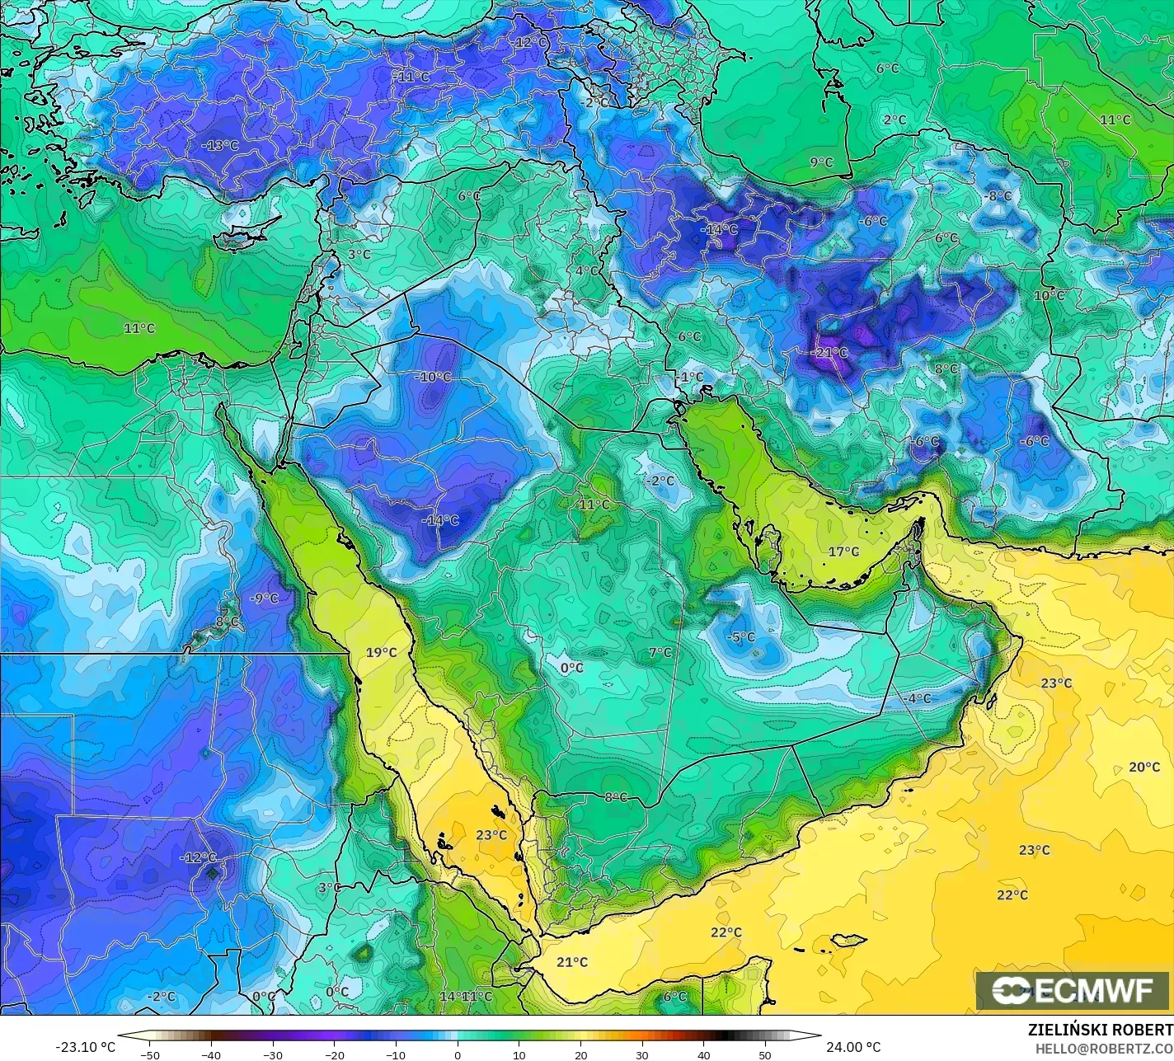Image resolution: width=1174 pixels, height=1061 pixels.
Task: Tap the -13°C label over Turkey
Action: (x=219, y=146)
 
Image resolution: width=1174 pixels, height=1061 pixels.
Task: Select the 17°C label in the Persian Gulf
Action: (x=843, y=552)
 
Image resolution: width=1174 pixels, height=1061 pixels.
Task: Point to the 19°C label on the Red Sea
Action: (x=381, y=652)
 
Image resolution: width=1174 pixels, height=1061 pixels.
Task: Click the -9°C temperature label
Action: (x=264, y=599)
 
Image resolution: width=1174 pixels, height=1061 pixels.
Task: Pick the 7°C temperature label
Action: (x=660, y=652)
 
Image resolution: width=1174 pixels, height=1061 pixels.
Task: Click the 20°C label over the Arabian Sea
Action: (x=1143, y=767)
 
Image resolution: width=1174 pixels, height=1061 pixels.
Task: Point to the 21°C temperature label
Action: (x=571, y=962)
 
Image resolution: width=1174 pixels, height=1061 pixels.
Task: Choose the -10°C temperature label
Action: (x=434, y=377)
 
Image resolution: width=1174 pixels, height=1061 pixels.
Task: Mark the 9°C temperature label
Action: (x=821, y=162)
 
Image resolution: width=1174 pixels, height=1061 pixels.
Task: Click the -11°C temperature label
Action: (x=411, y=77)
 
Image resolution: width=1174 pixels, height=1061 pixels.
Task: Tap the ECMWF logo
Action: (x=1073, y=990)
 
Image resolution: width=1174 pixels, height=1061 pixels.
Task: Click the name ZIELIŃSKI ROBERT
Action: (x=1100, y=1030)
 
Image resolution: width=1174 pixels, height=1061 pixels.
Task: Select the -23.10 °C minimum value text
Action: (x=85, y=1047)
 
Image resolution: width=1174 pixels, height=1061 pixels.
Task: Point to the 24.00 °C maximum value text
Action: (x=854, y=1047)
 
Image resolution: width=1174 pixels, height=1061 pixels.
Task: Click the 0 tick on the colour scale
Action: (x=458, y=1055)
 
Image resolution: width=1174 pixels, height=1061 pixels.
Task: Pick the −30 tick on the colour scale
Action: (x=273, y=1055)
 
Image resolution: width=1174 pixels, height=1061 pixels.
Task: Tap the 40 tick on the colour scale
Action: (x=703, y=1055)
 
